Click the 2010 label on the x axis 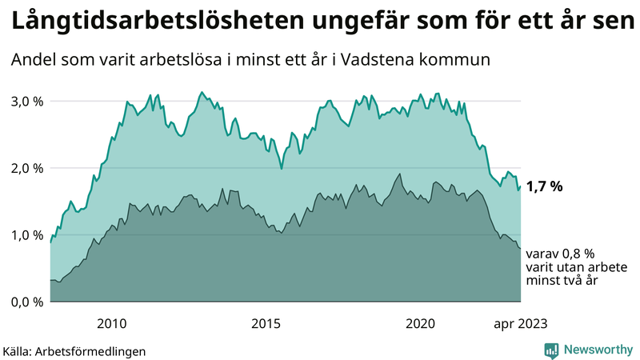pos(111,323)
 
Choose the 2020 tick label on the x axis pos(421,323)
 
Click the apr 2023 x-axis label pos(520,323)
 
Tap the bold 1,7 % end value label pos(545,186)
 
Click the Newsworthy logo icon pos(551,350)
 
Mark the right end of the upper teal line pos(521,187)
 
